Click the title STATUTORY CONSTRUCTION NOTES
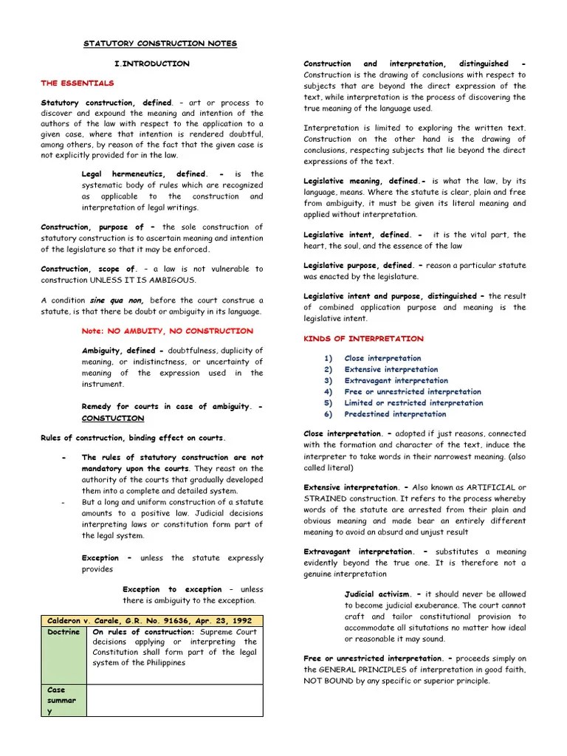159,44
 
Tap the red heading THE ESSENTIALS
78,83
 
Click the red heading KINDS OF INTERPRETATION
364,339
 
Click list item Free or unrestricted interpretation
412,392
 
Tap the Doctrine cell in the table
63,633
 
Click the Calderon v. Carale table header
151,621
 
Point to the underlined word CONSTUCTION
113,419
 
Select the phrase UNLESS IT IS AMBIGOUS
144,281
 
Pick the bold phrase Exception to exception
172,590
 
